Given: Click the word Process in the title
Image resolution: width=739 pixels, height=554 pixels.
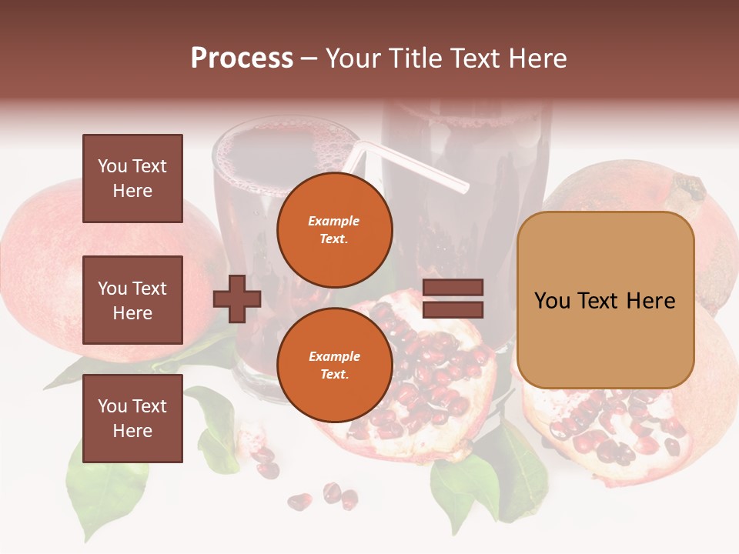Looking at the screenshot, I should pos(242,58).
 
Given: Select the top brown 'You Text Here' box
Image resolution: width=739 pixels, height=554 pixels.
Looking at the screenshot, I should pos(132,179).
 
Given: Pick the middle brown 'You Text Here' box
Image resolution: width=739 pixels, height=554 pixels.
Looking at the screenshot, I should pos(132,300).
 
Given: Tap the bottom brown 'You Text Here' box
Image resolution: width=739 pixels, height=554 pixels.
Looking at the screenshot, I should pos(132,418).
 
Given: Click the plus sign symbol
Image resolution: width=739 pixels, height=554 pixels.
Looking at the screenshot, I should pos(237,299).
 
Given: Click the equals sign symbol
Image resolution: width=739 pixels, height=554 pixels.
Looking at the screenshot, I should pos(453,299).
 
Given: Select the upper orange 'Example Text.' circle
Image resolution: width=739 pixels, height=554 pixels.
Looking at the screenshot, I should pos(335,229).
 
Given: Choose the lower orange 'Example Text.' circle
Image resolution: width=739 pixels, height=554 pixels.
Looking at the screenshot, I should pos(335,365).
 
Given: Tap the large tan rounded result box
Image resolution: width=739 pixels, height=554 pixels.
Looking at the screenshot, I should pos(605,300).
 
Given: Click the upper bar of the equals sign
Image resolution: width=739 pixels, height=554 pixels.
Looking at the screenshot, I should pos(453,288).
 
